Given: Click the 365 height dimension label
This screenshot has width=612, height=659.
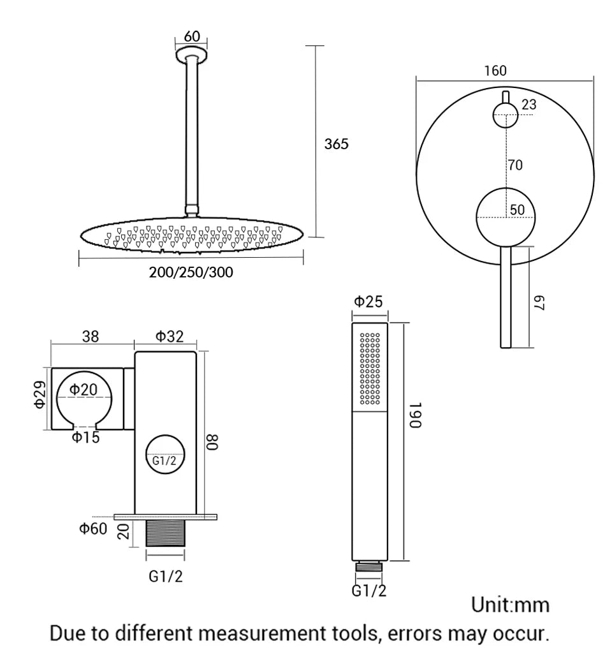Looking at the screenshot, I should click(x=336, y=144).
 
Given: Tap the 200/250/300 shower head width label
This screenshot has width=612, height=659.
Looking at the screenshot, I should click(x=191, y=272).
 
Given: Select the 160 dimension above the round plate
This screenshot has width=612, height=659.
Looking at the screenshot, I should click(x=495, y=70).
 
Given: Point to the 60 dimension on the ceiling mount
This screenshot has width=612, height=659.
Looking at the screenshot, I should click(x=192, y=37).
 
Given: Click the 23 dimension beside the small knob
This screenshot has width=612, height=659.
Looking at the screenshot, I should click(x=529, y=105).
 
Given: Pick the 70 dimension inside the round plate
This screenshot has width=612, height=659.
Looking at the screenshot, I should click(x=515, y=165).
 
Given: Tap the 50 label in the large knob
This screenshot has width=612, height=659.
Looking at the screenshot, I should click(x=517, y=210).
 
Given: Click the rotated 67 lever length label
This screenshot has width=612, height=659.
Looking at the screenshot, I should click(x=540, y=303).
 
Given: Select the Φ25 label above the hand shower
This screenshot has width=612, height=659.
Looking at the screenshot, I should click(x=368, y=302).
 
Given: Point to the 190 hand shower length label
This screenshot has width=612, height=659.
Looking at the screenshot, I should click(x=415, y=415).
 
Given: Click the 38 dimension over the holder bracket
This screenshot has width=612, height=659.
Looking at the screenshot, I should click(x=91, y=336).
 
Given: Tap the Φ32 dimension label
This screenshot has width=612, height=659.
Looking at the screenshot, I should click(x=170, y=336).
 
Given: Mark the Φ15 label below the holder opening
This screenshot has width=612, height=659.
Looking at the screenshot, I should click(x=85, y=438).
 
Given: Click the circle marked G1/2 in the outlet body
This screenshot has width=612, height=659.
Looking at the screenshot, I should click(x=165, y=461).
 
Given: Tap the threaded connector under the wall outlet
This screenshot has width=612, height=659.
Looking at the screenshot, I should click(x=165, y=533).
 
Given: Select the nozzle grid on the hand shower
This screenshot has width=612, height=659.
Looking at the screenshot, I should click(x=370, y=369).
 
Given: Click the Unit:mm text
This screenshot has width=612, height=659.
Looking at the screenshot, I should click(x=510, y=604).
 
